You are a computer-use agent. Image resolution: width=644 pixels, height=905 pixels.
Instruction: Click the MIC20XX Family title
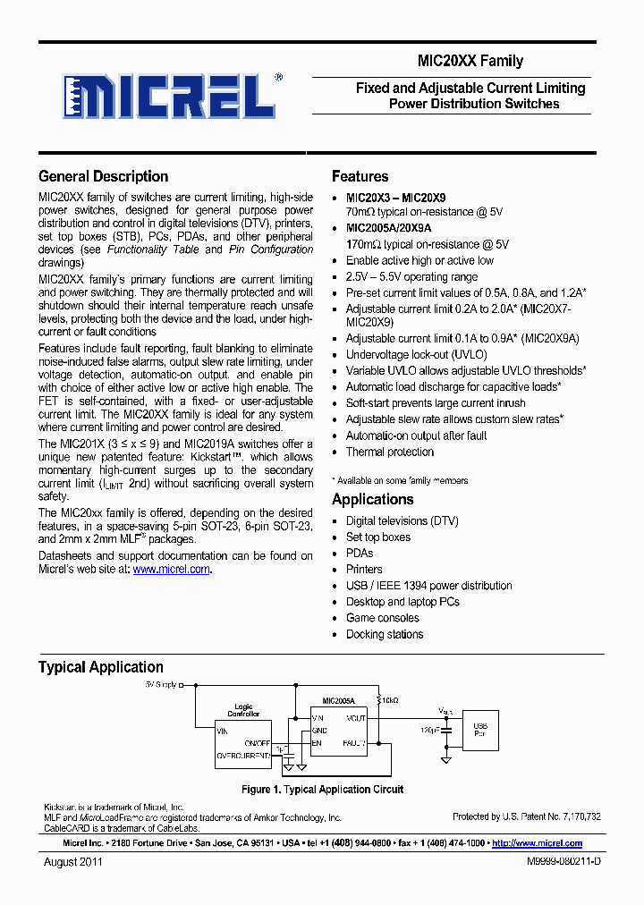click(x=470, y=62)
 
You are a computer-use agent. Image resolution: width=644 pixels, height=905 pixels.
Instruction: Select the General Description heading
click(x=104, y=176)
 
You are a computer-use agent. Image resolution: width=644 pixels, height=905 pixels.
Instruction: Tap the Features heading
click(x=360, y=176)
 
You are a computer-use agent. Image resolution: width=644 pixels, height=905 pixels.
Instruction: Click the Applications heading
click(x=373, y=499)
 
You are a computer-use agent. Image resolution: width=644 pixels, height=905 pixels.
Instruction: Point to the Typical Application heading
click(x=101, y=667)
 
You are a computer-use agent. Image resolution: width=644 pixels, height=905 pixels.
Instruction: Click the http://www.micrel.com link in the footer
click(x=538, y=842)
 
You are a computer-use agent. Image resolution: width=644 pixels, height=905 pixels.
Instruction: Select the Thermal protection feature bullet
click(x=390, y=452)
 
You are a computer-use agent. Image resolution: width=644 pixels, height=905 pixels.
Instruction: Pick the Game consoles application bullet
click(x=383, y=618)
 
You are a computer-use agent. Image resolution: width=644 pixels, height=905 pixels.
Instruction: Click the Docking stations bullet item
click(x=385, y=634)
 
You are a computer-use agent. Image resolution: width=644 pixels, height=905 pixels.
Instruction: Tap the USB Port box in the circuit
click(x=480, y=731)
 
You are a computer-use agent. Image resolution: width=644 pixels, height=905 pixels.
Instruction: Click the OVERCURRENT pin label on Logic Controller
click(x=244, y=756)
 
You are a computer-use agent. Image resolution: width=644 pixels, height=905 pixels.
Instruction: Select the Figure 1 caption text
click(x=322, y=790)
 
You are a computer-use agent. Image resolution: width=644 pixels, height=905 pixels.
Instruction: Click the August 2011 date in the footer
click(x=73, y=862)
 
